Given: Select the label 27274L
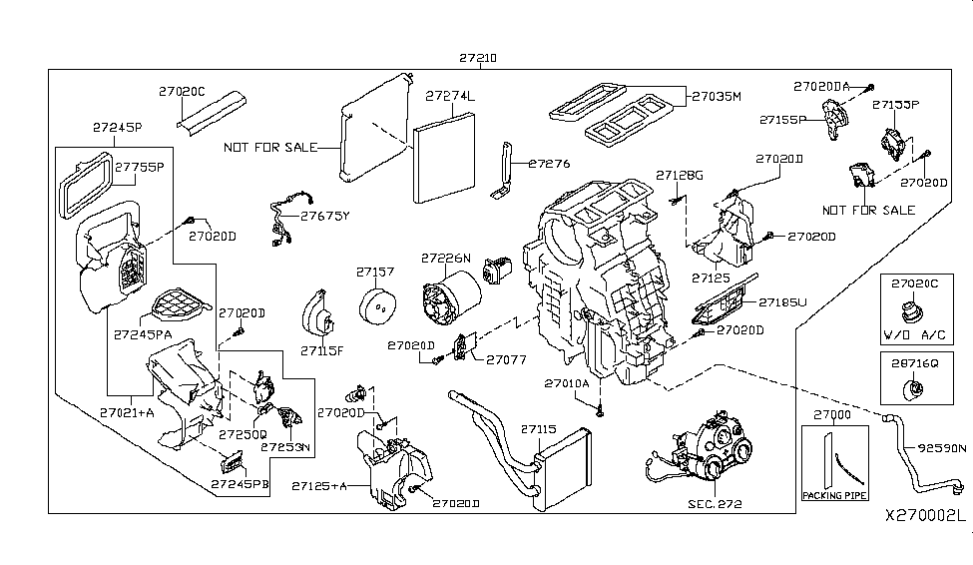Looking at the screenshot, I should [451, 96].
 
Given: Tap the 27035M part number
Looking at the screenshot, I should [717, 96].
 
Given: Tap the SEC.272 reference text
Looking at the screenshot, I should [714, 504].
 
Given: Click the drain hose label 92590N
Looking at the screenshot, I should [935, 448].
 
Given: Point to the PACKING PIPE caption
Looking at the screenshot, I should [835, 495].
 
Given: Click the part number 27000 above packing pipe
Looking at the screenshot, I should [833, 415].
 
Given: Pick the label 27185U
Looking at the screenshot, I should [781, 300].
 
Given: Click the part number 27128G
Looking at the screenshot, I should [679, 176].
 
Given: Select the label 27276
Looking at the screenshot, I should [548, 163].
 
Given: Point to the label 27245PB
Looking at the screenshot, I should [241, 484].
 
